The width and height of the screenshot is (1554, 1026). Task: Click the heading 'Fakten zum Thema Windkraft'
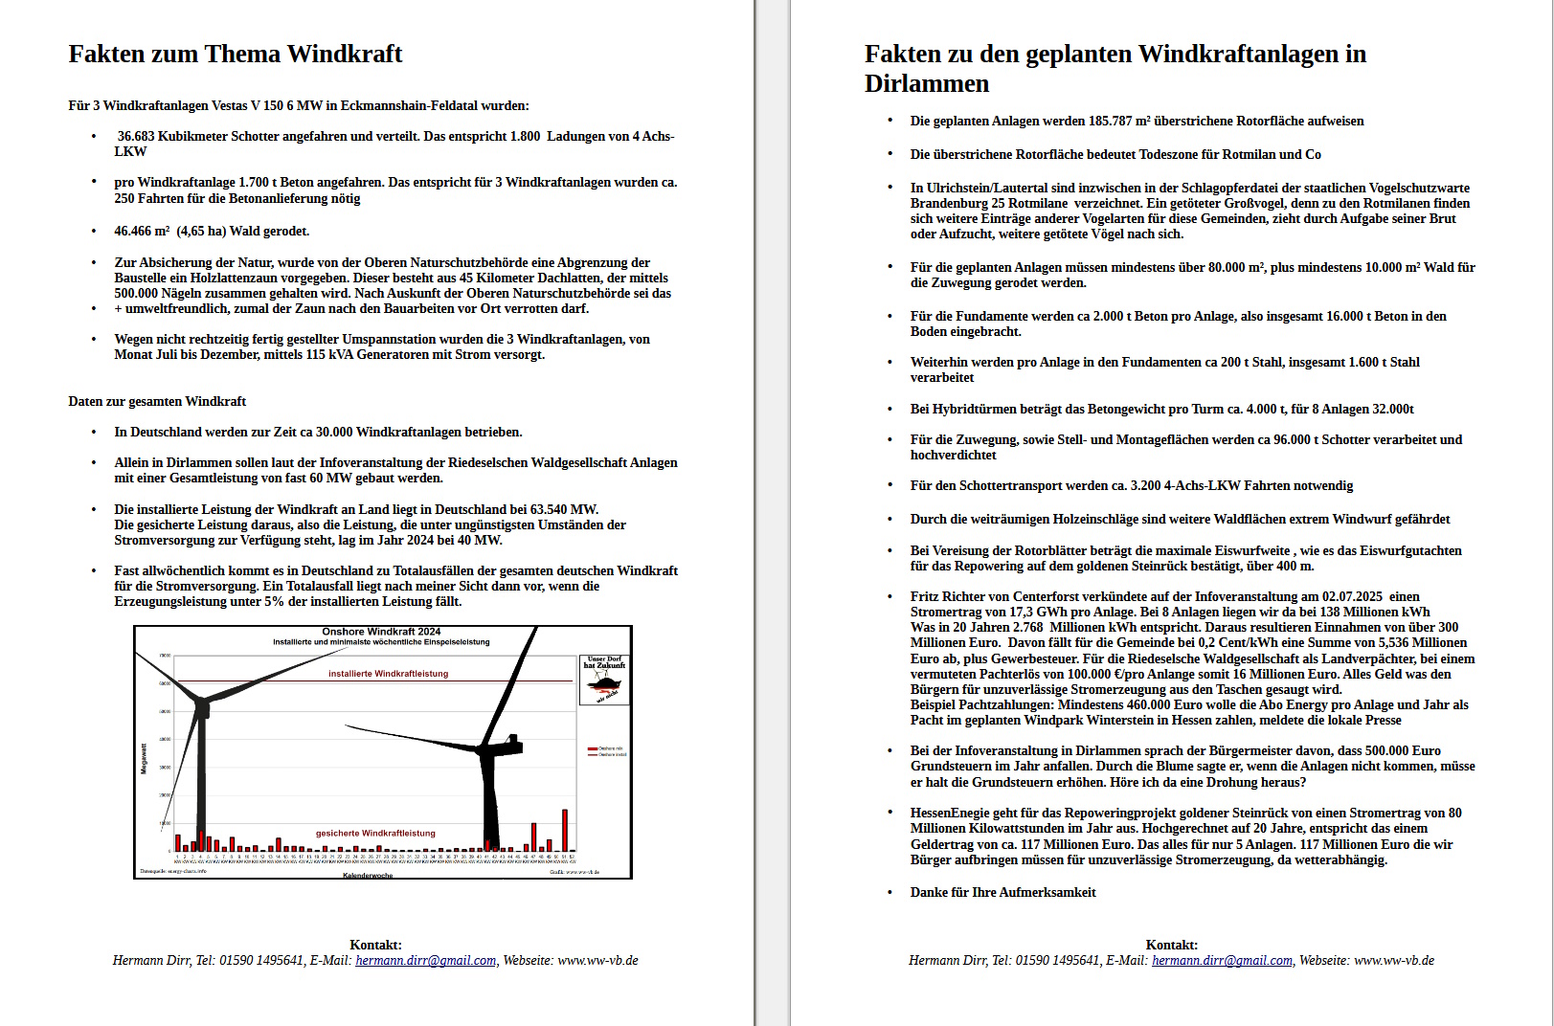coord(235,54)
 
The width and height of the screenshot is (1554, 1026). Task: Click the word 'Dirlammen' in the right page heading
coord(926,84)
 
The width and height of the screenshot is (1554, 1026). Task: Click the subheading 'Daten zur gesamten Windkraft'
coord(157,401)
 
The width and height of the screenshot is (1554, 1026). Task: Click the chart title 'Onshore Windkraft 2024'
coord(381,632)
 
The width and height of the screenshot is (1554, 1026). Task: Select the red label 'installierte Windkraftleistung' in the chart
coord(388,674)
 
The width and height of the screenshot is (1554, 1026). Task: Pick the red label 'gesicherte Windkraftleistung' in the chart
coord(375,833)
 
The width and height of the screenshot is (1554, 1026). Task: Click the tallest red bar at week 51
coord(565,830)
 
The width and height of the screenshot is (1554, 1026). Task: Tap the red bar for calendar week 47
coord(533,836)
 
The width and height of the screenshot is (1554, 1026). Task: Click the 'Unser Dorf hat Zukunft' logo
coord(604,680)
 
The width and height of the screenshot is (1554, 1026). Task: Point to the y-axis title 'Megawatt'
coord(145,758)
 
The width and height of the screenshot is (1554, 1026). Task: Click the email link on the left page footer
coord(425,960)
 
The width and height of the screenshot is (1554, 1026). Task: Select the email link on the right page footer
coord(1222,960)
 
